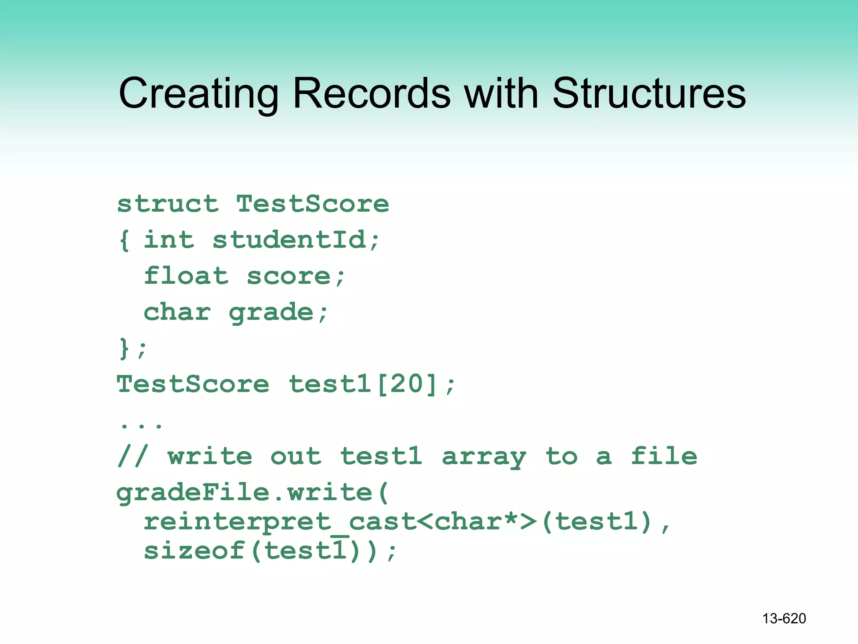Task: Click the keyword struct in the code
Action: click(x=168, y=204)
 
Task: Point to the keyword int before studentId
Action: click(x=169, y=240)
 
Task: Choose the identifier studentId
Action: click(x=289, y=240)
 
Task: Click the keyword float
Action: click(x=186, y=276)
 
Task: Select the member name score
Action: click(x=289, y=276)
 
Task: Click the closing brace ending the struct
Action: click(x=124, y=348)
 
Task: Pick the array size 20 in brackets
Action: click(x=407, y=384)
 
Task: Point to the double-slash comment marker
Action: click(x=132, y=456)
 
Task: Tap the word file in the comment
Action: click(x=664, y=456)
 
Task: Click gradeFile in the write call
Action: click(x=193, y=493)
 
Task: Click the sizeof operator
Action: click(x=194, y=551)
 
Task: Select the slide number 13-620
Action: click(x=784, y=618)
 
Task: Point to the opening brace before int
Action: click(x=124, y=240)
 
